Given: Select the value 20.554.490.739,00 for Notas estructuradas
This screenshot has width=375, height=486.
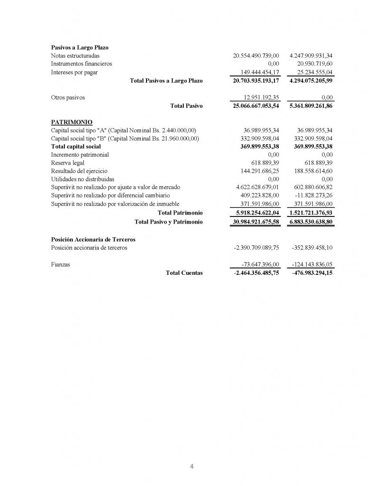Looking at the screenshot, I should point(256,56).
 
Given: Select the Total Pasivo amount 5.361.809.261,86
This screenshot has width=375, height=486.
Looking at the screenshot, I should point(311,106).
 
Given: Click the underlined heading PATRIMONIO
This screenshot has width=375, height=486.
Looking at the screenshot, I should point(71,122).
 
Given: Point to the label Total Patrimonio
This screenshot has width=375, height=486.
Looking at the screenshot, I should point(180,213).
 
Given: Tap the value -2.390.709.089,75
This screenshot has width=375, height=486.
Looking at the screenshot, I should point(256,247).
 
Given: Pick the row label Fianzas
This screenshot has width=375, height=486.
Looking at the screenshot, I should point(60,264).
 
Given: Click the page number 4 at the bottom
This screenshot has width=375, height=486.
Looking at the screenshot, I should point(192,466).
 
